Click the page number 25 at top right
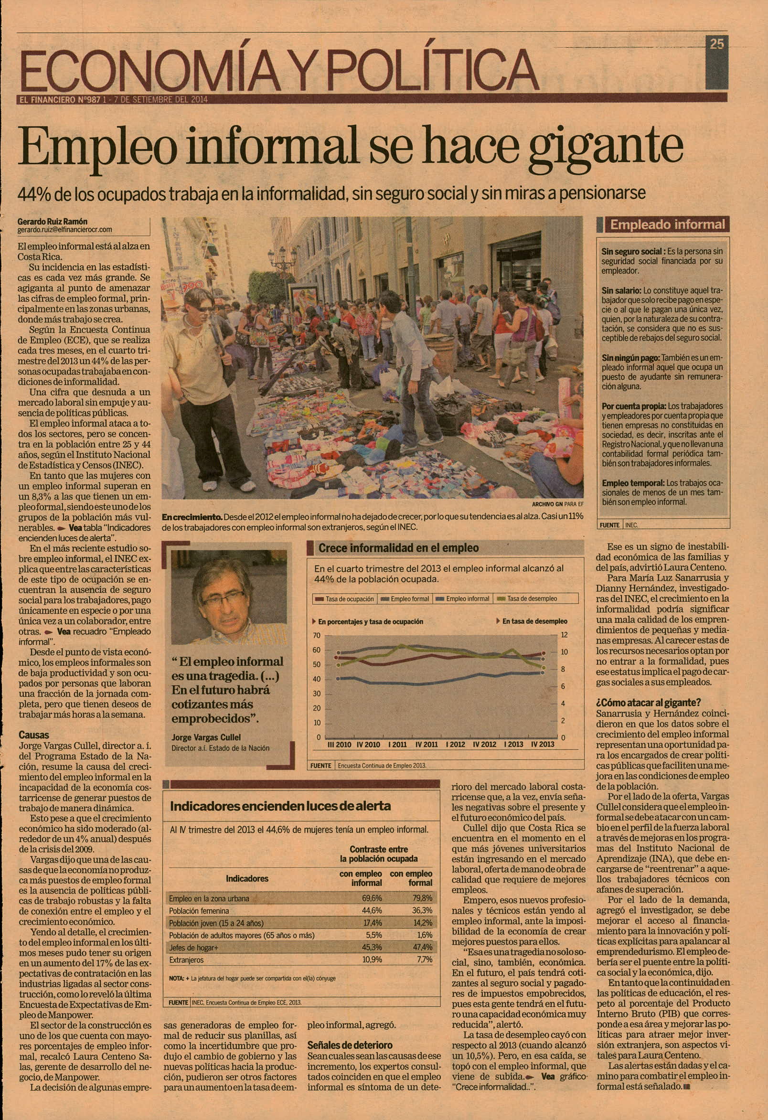(x=716, y=44)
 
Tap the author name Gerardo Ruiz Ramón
(x=53, y=221)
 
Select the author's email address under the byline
(x=64, y=230)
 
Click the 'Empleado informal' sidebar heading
(x=667, y=224)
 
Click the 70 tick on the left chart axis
(x=317, y=635)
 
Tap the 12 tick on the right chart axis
(x=565, y=635)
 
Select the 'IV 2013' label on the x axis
(x=543, y=744)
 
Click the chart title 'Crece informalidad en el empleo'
(x=398, y=548)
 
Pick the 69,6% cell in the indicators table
(x=372, y=898)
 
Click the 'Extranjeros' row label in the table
(x=186, y=960)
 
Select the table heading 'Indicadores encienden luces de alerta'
(x=280, y=806)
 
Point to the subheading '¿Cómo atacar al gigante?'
(x=649, y=702)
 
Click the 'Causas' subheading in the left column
(x=34, y=735)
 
